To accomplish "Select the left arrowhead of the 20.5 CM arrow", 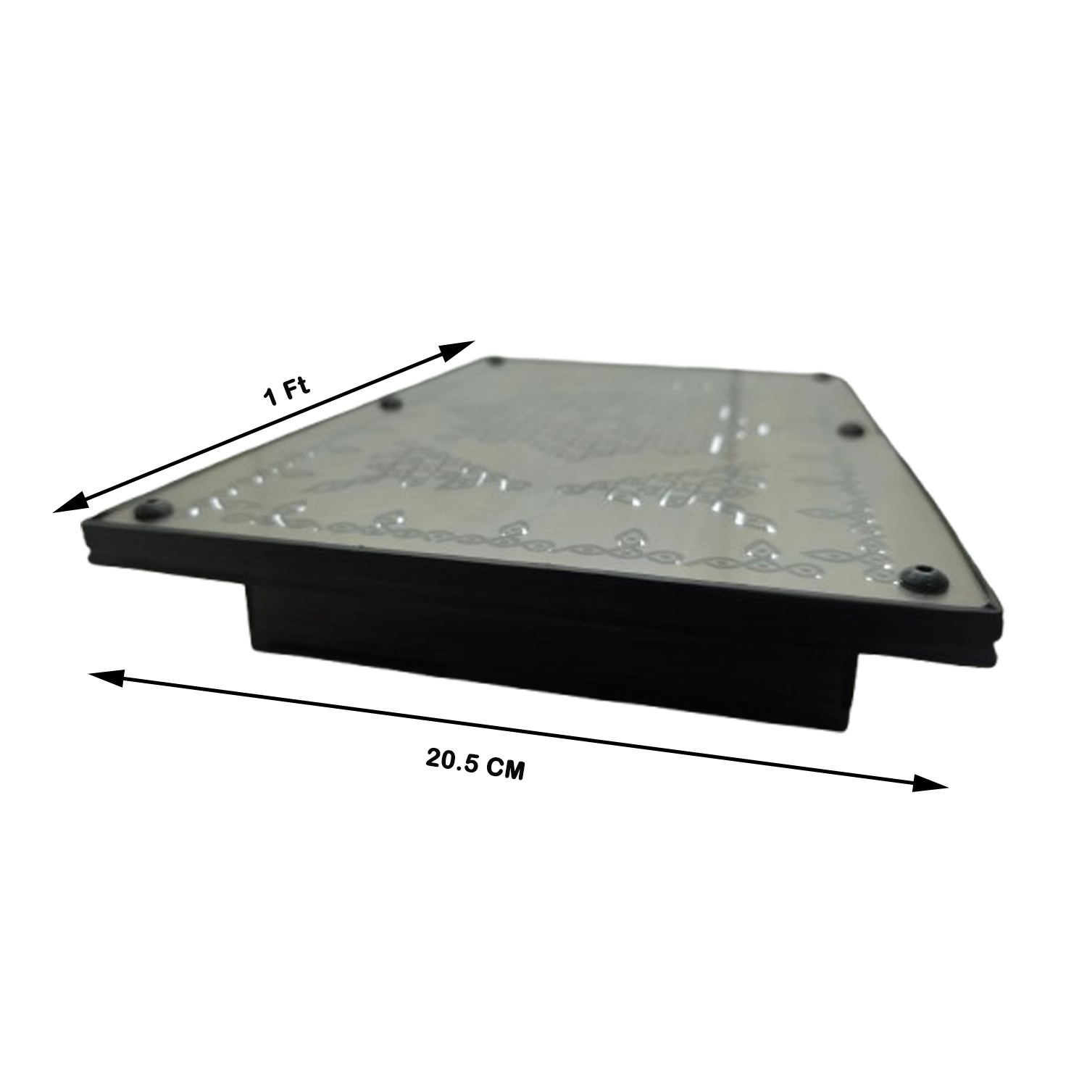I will coord(103,677).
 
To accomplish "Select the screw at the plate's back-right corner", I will coord(824,377).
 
